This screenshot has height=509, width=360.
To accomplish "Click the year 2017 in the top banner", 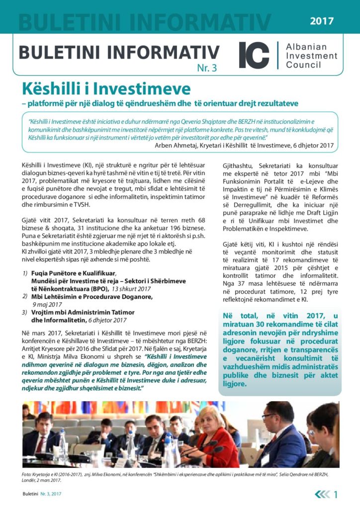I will (x=322, y=21).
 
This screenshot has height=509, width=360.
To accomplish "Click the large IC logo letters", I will (x=254, y=55).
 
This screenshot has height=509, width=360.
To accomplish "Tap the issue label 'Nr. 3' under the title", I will (x=207, y=69).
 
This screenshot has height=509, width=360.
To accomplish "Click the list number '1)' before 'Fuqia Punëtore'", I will (x=25, y=273).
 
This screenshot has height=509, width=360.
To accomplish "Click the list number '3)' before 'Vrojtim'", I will (x=25, y=312).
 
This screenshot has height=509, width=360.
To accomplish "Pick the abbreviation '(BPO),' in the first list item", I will (x=100, y=288).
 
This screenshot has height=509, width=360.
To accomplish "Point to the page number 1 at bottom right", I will (x=337, y=494).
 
